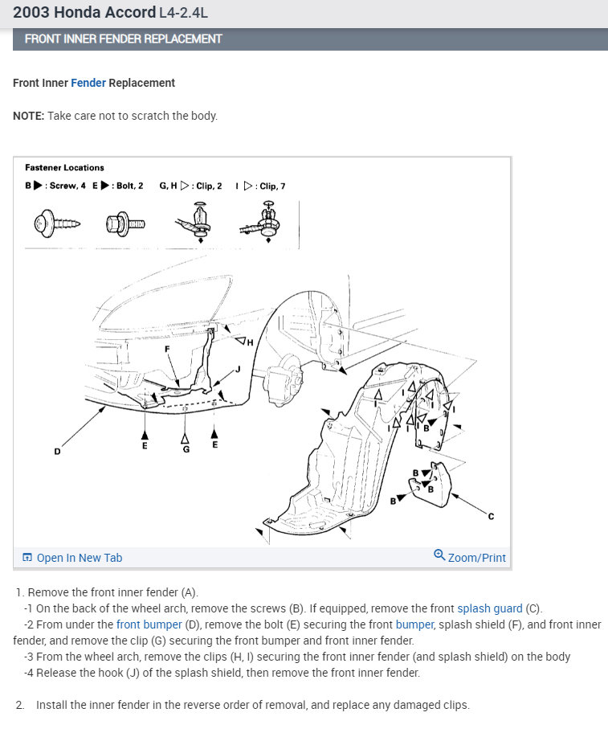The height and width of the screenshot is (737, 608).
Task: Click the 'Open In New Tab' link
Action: coord(73,558)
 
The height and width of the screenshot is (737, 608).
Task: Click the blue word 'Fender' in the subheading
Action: coord(88,83)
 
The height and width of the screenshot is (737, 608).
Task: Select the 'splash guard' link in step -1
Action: coord(490,608)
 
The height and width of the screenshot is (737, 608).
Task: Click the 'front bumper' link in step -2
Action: coord(149,624)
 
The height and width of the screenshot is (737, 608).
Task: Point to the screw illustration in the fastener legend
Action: coord(57,223)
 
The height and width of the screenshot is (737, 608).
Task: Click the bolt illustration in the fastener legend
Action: coord(125,223)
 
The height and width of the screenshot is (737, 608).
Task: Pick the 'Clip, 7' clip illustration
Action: coord(262,222)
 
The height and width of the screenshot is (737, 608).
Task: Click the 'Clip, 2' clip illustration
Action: coord(194,222)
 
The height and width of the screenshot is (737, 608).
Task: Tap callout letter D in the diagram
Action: coord(57,451)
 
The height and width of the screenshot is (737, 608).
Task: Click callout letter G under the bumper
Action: coord(186,449)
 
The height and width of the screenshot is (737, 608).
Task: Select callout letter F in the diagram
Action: coord(167,349)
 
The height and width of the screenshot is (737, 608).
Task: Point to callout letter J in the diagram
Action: coord(239,369)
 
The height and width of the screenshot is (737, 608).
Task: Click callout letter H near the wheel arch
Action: coord(250,342)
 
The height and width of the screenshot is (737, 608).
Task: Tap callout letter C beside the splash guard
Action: coord(491,516)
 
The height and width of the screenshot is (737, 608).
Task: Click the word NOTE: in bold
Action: coord(29,116)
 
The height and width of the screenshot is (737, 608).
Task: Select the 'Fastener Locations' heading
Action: coord(64,167)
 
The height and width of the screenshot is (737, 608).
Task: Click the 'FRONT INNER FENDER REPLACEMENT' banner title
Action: coord(123,39)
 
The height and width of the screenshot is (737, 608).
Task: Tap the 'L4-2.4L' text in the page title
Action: coord(183,12)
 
